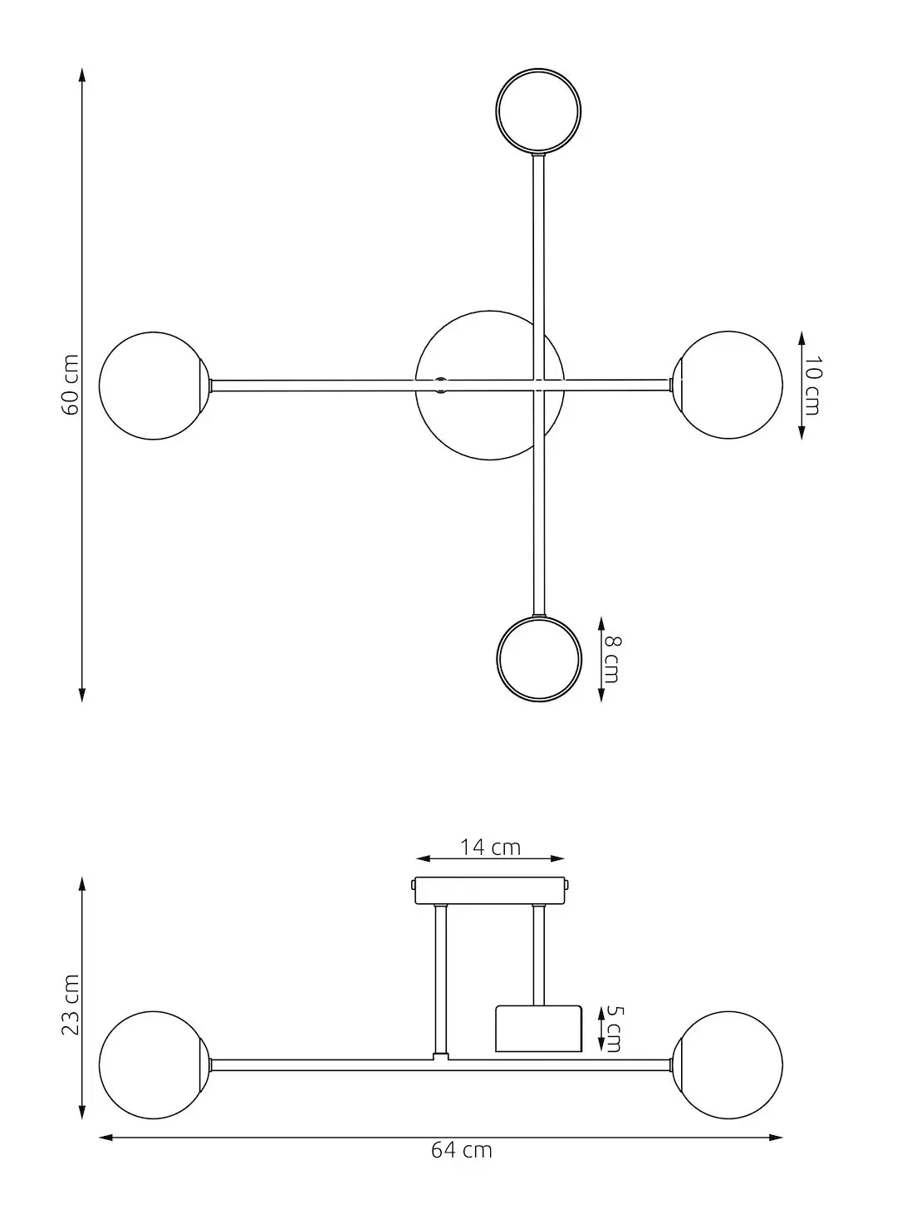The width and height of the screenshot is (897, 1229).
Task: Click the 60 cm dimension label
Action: (71, 386)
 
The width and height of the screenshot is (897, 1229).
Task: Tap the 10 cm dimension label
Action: (812, 386)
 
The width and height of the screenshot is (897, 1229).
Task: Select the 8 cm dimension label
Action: (611, 659)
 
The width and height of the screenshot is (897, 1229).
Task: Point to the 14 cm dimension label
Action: (490, 847)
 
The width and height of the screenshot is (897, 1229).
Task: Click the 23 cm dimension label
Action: (71, 1005)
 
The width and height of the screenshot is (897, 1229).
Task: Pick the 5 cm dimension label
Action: (613, 1029)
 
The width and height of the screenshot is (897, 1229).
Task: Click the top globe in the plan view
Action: (539, 111)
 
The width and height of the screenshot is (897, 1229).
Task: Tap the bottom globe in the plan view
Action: (539, 659)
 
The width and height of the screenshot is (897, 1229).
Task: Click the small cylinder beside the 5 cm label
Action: (538, 1029)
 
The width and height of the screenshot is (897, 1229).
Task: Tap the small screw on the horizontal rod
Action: (441, 383)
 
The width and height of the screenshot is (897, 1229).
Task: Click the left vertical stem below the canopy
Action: (441, 981)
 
